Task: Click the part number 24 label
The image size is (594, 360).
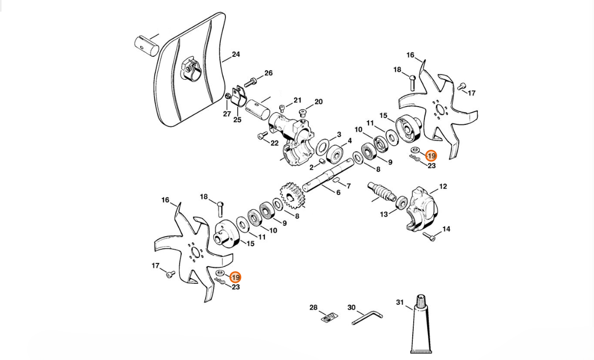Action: (x=236, y=54)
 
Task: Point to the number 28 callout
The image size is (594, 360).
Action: (x=313, y=307)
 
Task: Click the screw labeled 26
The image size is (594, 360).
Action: (x=251, y=81)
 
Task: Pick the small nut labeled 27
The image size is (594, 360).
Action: (x=227, y=96)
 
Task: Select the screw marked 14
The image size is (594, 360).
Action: (x=429, y=237)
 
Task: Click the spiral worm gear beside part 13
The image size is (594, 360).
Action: (x=381, y=192)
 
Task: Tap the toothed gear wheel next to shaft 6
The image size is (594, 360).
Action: (x=292, y=197)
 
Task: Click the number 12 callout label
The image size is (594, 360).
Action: (x=443, y=186)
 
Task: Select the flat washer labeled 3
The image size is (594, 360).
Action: (x=322, y=147)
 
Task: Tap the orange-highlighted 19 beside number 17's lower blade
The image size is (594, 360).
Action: (x=235, y=277)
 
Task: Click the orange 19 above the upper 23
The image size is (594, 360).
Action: (x=431, y=156)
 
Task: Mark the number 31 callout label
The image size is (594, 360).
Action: (x=400, y=303)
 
